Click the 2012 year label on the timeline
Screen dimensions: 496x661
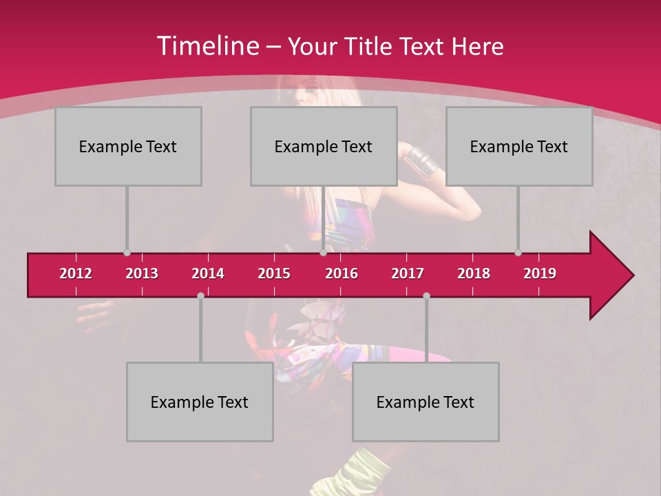point(76,273)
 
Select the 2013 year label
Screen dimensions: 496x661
point(142,273)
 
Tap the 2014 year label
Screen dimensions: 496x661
point(208,273)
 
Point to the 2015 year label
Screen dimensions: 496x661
point(274,273)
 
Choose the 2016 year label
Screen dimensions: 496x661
point(342,273)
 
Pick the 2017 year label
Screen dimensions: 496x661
point(408,273)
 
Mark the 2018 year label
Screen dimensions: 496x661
point(474,273)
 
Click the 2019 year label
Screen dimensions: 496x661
point(540,273)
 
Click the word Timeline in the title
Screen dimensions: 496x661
point(207,46)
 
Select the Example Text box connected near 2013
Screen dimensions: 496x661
point(128,146)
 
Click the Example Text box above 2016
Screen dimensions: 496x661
point(324,146)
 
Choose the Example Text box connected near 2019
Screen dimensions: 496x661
point(519,146)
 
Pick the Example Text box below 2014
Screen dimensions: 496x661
point(200,402)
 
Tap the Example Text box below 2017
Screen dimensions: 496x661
point(426,402)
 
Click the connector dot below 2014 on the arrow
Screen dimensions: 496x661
point(200,296)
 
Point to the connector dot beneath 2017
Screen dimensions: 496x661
point(426,296)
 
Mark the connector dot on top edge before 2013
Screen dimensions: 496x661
point(127,253)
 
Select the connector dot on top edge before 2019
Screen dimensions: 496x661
point(518,253)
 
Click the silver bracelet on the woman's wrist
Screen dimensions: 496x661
point(421,161)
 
